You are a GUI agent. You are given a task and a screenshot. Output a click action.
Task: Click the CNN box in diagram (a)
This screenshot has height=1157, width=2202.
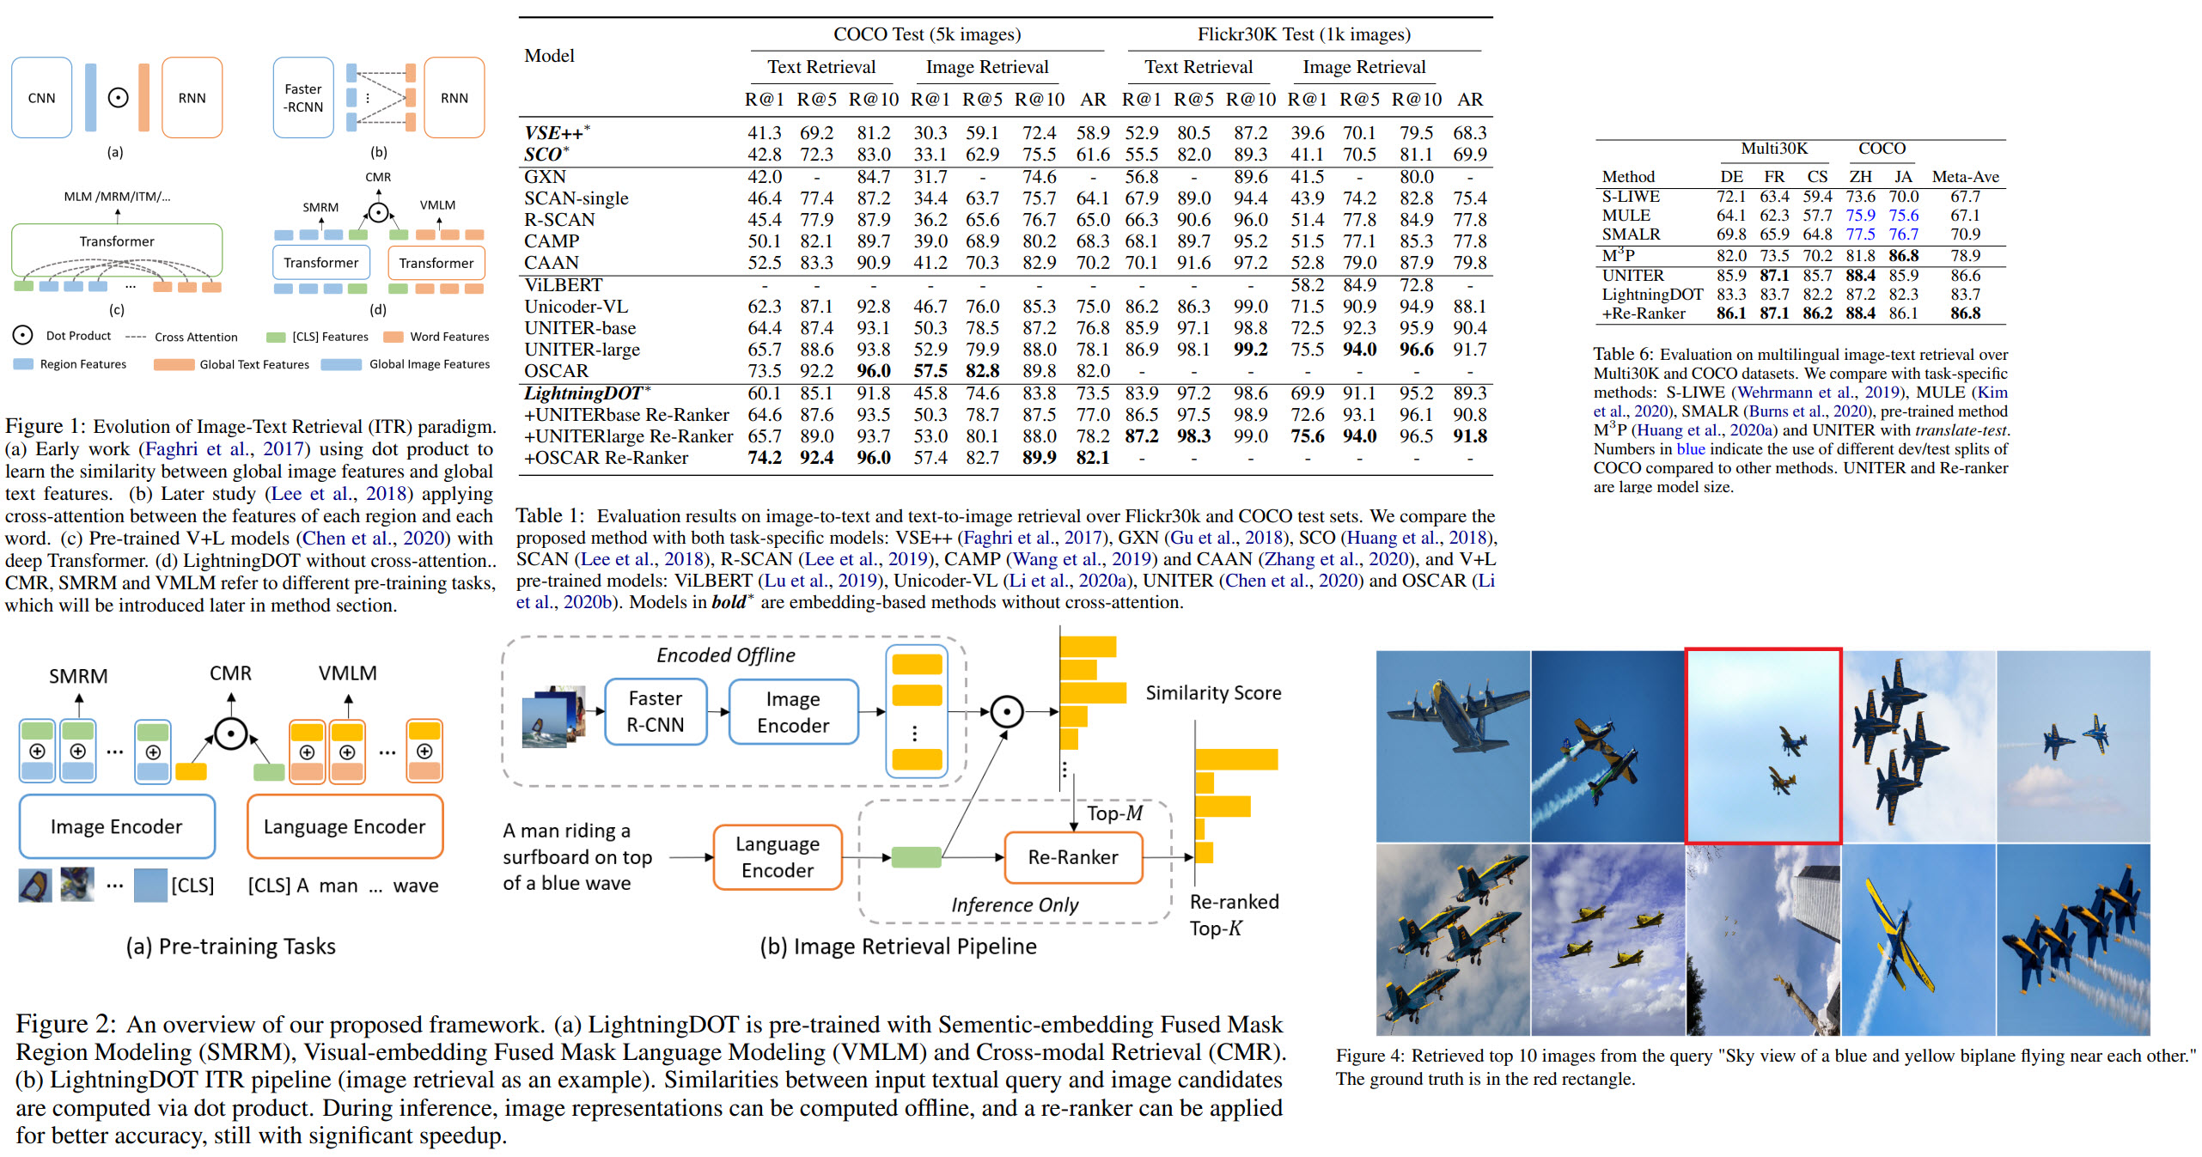(41, 98)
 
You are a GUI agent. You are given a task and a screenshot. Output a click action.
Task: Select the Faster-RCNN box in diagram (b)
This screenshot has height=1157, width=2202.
(303, 98)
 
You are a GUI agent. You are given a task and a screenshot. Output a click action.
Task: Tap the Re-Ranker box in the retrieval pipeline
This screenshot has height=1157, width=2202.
(1073, 857)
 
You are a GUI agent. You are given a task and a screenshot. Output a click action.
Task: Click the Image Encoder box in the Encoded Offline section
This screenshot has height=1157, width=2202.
(792, 712)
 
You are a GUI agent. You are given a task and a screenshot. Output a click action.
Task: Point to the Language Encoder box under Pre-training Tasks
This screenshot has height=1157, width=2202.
(345, 826)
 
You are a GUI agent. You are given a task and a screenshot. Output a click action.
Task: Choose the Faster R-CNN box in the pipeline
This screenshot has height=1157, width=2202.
(655, 712)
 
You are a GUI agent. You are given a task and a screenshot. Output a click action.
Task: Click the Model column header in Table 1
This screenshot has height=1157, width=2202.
(549, 56)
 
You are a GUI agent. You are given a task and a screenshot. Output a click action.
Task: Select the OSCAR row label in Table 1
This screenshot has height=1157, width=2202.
(556, 371)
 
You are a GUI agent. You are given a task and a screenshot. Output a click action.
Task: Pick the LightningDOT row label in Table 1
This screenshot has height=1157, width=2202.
(583, 393)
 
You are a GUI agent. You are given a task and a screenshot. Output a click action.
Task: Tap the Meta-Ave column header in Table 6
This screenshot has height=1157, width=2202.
(1965, 177)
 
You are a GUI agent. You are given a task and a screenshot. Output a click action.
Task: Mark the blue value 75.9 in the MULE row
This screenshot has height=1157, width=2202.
(1860, 216)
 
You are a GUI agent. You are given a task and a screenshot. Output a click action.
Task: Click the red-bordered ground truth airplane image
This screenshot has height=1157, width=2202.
(1763, 746)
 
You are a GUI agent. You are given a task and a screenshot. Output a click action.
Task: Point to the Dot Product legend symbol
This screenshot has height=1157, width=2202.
(23, 336)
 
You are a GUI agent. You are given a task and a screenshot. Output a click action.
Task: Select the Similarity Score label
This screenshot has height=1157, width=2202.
(1213, 693)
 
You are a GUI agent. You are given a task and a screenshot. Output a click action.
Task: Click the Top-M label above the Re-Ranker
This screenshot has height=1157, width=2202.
(1114, 813)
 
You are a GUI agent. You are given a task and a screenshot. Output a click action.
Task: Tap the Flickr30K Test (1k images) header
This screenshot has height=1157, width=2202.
(1303, 34)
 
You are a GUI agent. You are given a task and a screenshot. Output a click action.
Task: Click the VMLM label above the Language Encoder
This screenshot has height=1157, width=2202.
(347, 673)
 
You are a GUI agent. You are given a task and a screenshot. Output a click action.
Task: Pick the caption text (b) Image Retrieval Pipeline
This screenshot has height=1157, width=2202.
(898, 947)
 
